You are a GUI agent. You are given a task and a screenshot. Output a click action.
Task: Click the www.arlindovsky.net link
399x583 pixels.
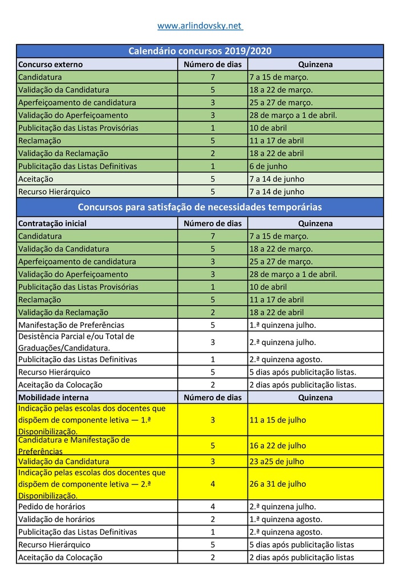click(x=199, y=26)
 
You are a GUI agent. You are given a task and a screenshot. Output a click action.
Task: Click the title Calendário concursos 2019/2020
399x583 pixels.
click(x=199, y=51)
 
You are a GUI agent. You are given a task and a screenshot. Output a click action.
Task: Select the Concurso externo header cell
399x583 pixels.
click(x=51, y=64)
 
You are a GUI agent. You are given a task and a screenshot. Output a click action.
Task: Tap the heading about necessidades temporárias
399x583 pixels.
click(x=199, y=207)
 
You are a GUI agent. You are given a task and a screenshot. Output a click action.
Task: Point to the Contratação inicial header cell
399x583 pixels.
click(x=52, y=223)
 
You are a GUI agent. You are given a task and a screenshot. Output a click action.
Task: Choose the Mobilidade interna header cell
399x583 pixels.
click(x=54, y=397)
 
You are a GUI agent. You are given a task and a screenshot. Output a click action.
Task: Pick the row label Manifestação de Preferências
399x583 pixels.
click(x=71, y=325)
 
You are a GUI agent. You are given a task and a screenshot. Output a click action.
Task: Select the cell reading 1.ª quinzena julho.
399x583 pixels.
click(x=283, y=325)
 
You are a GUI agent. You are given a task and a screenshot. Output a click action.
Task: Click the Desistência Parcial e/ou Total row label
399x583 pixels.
click(x=76, y=342)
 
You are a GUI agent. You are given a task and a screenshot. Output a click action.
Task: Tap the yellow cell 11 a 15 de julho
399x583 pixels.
click(x=278, y=420)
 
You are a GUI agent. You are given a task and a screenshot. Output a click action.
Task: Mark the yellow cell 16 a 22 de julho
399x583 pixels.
click(x=278, y=446)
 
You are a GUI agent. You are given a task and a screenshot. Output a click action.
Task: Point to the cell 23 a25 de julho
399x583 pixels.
click(x=277, y=461)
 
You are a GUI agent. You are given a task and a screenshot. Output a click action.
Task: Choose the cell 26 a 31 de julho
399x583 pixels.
click(x=278, y=484)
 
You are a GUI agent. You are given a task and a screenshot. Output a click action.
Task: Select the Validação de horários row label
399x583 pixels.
click(x=56, y=519)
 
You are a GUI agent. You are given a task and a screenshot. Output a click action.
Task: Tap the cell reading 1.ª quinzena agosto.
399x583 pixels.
click(x=286, y=519)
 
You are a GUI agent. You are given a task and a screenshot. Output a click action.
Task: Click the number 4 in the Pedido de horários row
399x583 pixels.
click(x=213, y=506)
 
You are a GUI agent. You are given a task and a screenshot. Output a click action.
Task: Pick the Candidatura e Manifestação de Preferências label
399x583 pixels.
click(x=74, y=446)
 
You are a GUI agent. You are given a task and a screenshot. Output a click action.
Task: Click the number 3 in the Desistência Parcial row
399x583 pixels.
click(x=213, y=342)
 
